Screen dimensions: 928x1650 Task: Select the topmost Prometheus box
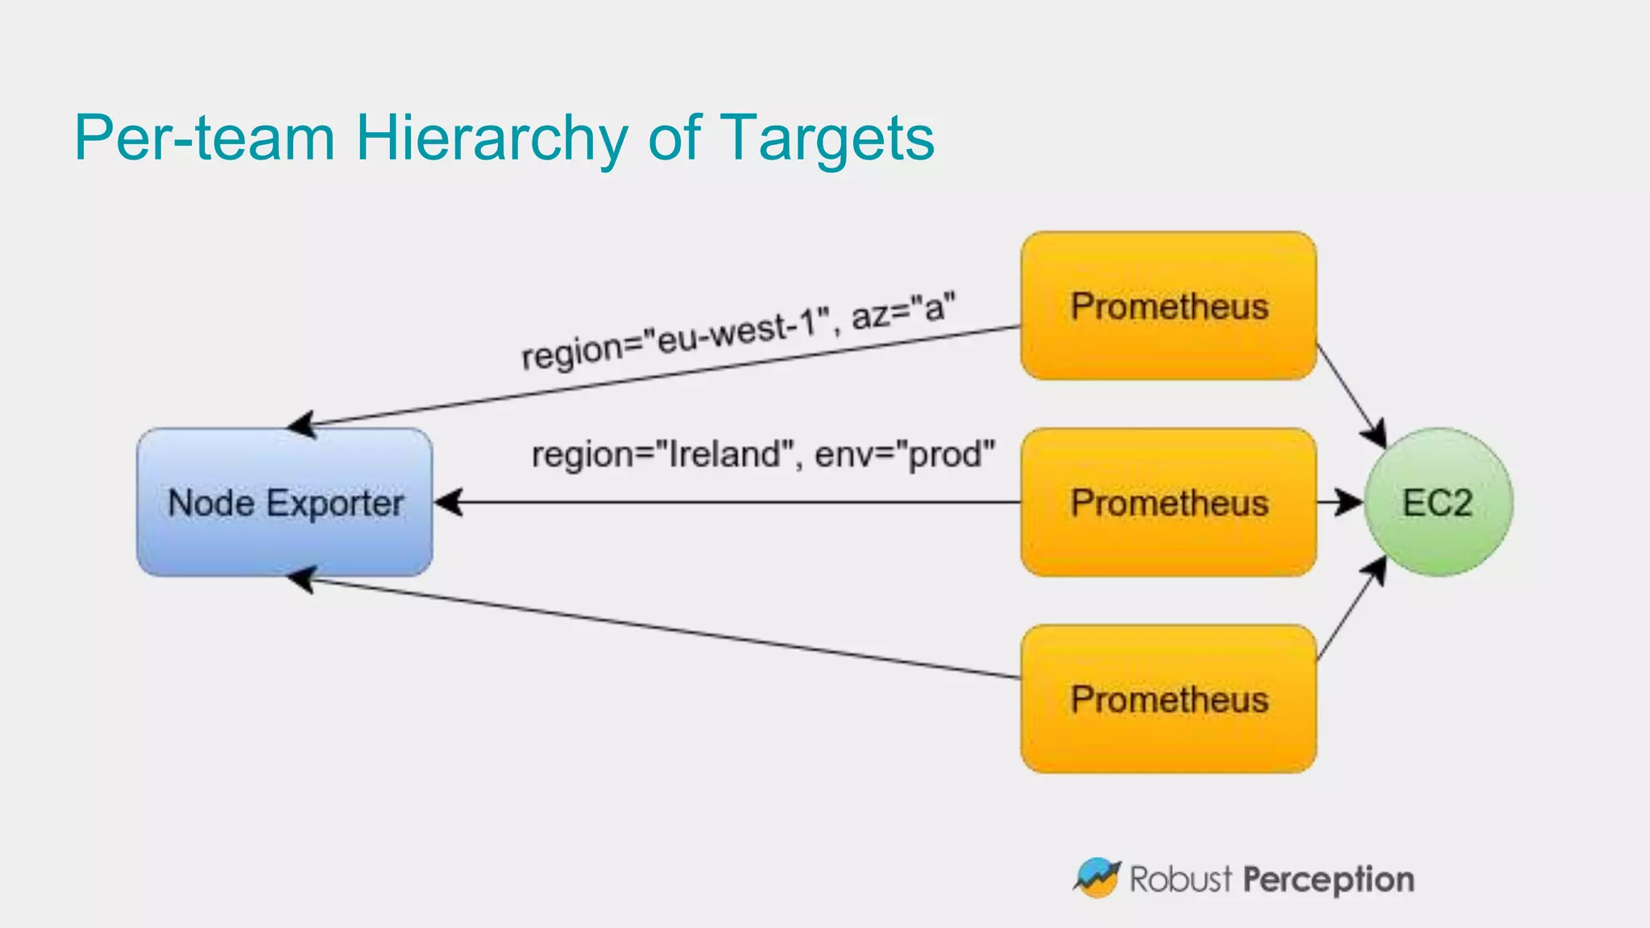(1168, 306)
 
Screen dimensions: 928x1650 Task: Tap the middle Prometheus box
(1168, 503)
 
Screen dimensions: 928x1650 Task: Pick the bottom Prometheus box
(1168, 699)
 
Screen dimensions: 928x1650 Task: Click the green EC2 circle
(1438, 503)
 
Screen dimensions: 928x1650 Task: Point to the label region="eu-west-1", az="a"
(738, 331)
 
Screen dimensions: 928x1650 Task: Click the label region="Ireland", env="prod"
(763, 454)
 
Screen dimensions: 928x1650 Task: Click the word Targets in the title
(827, 138)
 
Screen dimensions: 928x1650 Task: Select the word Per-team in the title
(204, 138)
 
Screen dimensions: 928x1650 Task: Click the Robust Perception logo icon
(1097, 877)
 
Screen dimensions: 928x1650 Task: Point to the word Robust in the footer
(1180, 879)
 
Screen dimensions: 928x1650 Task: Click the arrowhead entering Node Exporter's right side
(449, 503)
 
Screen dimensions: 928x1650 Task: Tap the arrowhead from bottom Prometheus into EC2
(1376, 570)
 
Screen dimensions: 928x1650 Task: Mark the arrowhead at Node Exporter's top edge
(302, 424)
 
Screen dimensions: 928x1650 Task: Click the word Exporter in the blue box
(334, 503)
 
